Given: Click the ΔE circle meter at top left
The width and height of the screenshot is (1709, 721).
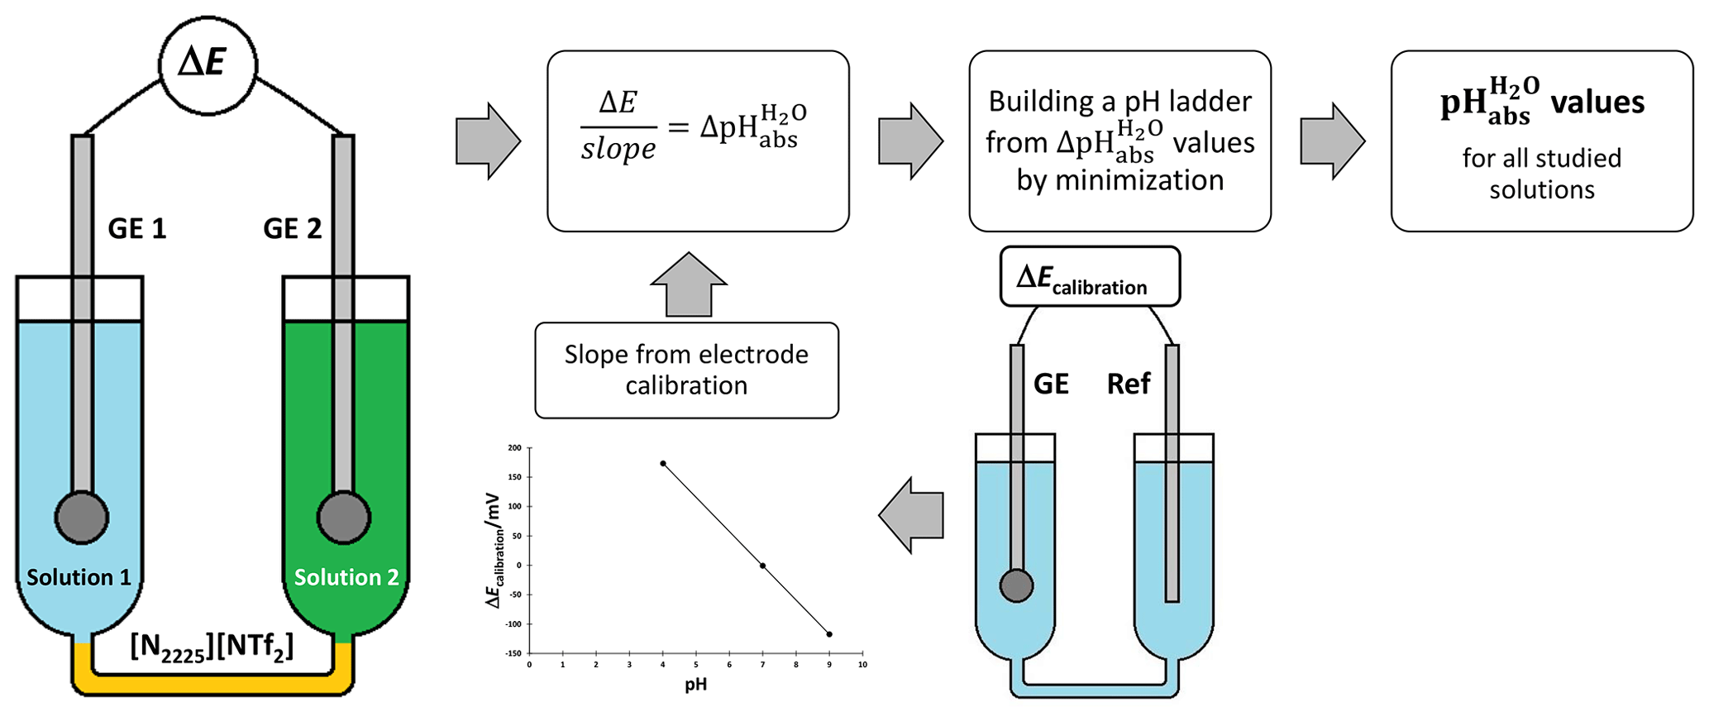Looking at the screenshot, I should pyautogui.click(x=208, y=64).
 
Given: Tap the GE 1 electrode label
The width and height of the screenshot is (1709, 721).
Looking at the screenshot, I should pyautogui.click(x=137, y=228).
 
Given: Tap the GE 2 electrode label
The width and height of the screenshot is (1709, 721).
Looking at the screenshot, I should pyautogui.click(x=292, y=228).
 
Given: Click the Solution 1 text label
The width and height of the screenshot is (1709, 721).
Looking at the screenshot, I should pyautogui.click(x=79, y=577).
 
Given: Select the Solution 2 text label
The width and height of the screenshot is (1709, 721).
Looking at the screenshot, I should pyautogui.click(x=346, y=577).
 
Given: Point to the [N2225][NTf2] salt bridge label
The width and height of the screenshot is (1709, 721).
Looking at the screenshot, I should pyautogui.click(x=212, y=646).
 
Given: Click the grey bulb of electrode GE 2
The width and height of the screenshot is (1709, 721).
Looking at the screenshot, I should pyautogui.click(x=343, y=518).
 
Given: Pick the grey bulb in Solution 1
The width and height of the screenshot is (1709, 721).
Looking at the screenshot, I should pyautogui.click(x=81, y=518).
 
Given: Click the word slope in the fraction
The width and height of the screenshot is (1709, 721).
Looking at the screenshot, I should pyautogui.click(x=618, y=150).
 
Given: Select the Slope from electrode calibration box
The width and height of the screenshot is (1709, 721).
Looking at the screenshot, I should pyautogui.click(x=686, y=370).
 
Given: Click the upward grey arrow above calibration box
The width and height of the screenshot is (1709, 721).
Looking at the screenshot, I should pyautogui.click(x=688, y=284).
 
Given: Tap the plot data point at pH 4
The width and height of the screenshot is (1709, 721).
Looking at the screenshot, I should pyautogui.click(x=663, y=464).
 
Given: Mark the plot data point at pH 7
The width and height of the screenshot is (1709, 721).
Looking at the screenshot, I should pyautogui.click(x=762, y=566).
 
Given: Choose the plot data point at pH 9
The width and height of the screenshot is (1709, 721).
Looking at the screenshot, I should pyautogui.click(x=829, y=634).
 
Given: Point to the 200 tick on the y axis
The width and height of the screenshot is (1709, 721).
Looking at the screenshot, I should pyautogui.click(x=514, y=448).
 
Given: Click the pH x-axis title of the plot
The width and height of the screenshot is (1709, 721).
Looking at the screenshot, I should pyautogui.click(x=695, y=685).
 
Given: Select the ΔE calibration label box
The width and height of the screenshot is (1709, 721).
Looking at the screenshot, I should pyautogui.click(x=1089, y=277).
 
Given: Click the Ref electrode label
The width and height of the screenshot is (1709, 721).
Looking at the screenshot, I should pyautogui.click(x=1129, y=384).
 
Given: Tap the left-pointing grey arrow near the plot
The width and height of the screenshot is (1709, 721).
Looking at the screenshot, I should pyautogui.click(x=911, y=515).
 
